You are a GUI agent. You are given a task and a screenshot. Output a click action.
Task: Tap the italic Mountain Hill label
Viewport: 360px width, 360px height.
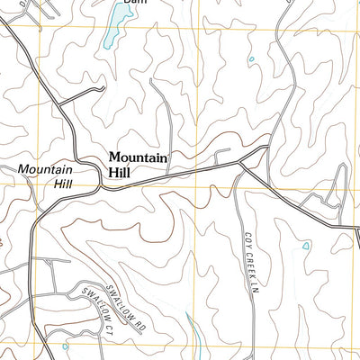point(44,175)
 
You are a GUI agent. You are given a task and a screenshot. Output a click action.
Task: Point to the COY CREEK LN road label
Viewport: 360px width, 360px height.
point(248,261)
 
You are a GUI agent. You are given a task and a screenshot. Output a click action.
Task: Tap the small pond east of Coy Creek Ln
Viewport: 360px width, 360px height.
point(306,245)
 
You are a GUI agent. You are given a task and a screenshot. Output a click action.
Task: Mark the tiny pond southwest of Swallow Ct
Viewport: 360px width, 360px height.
point(65,346)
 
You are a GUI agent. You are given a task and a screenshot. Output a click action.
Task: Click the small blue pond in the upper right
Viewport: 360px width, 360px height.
point(251,60)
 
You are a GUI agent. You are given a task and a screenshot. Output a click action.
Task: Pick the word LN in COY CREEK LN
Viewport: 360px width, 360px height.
point(249,288)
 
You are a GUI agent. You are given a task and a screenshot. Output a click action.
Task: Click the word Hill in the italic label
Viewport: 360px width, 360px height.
point(61,183)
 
